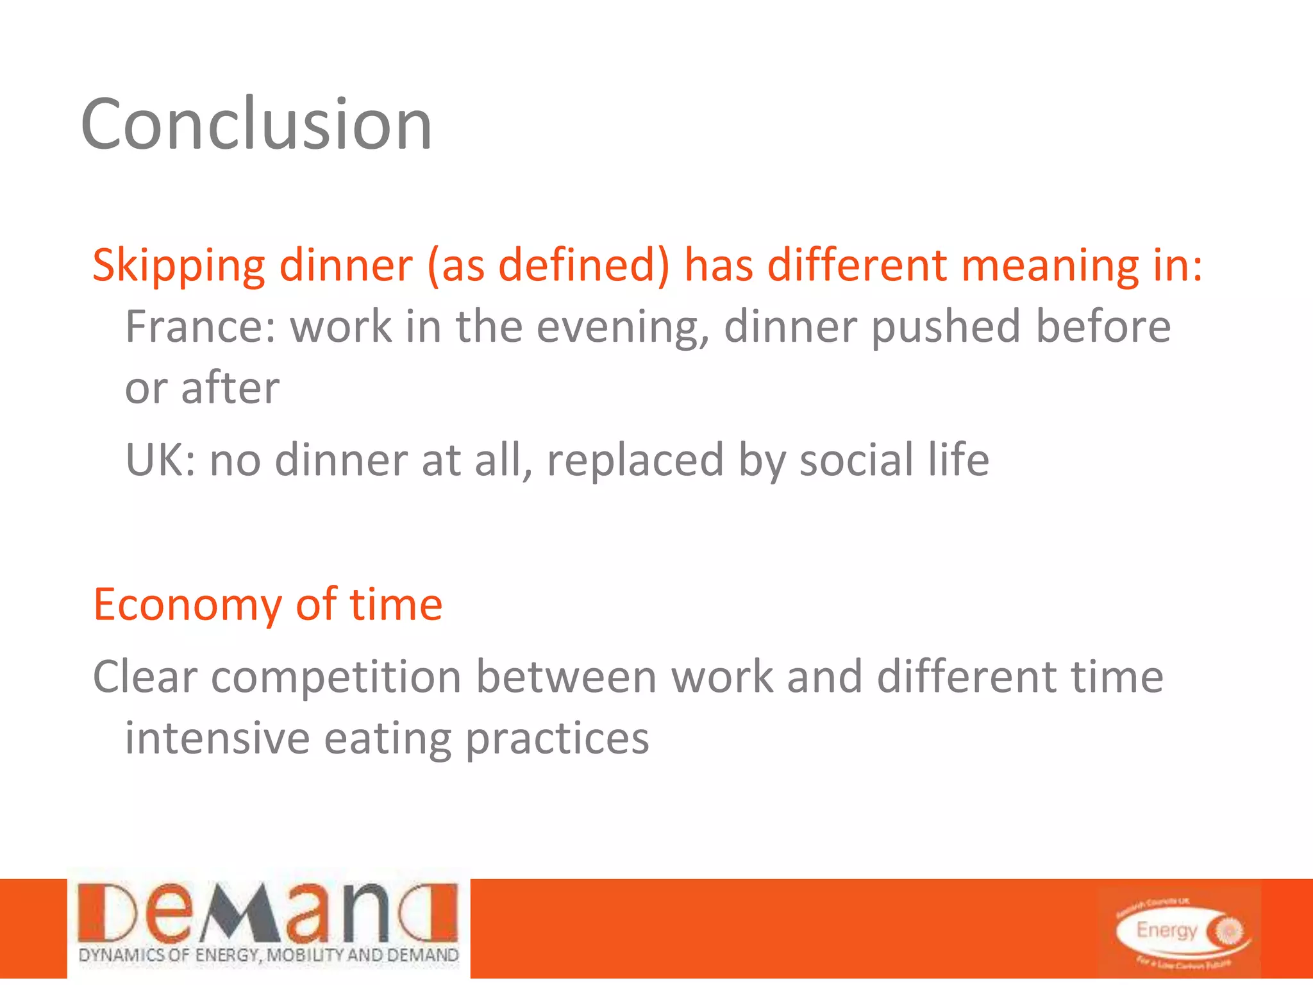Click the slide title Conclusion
(256, 124)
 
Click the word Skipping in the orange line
(178, 265)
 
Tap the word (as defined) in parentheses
(548, 265)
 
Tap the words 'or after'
(202, 388)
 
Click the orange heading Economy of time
(268, 604)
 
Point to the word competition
(336, 677)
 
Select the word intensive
(217, 738)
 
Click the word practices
(556, 738)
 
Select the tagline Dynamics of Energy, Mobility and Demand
(268, 956)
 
